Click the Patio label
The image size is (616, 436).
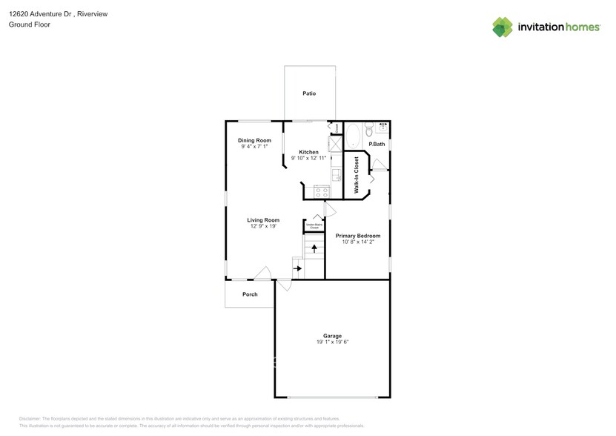309,94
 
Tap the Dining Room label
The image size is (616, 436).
254,140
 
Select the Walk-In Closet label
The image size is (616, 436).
357,175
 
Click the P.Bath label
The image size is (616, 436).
377,144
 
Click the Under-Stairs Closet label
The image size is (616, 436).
314,225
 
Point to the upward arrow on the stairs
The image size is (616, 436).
314,248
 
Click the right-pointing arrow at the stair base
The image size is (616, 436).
298,268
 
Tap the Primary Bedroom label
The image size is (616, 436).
358,236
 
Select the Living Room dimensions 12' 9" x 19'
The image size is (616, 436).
263,226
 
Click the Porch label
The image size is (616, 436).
251,294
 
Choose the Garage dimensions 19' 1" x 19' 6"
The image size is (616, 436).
331,342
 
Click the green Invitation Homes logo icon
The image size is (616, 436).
503,27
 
